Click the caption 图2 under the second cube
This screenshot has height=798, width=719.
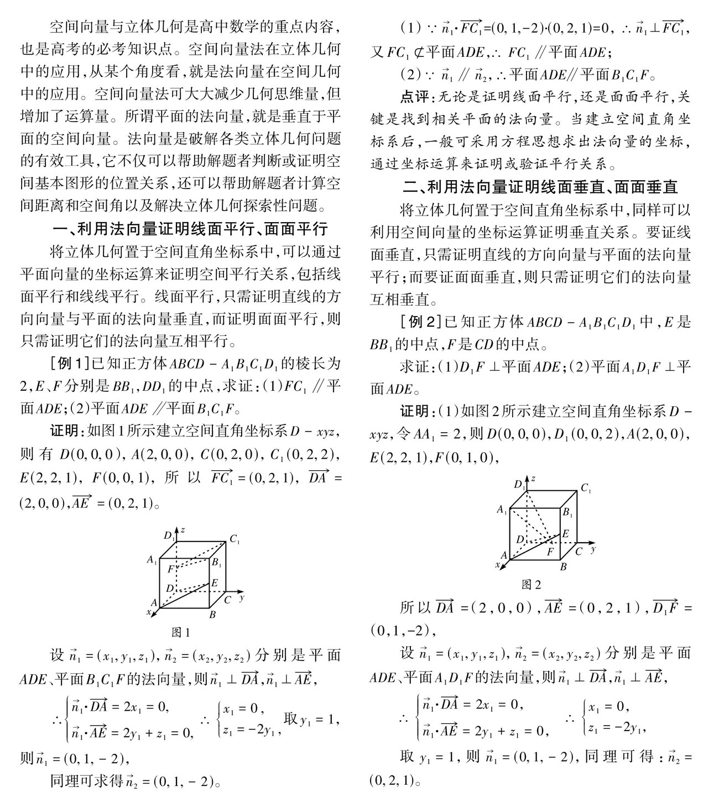[x=532, y=585]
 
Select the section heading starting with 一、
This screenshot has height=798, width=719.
[x=190, y=228]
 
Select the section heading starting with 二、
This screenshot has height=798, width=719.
[x=540, y=187]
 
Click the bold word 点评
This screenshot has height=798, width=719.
[x=414, y=97]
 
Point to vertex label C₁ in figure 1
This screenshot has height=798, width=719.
[x=235, y=538]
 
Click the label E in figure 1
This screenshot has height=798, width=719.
[x=215, y=582]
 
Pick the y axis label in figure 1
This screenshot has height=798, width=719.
[x=242, y=597]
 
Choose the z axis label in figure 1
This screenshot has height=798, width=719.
[x=182, y=529]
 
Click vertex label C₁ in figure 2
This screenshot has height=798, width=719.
[x=586, y=489]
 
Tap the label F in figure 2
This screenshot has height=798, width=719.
[x=550, y=552]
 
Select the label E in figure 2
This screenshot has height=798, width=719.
[x=565, y=534]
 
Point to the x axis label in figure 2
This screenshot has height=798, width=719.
[x=498, y=565]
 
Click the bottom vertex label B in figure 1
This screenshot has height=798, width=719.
[x=212, y=614]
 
